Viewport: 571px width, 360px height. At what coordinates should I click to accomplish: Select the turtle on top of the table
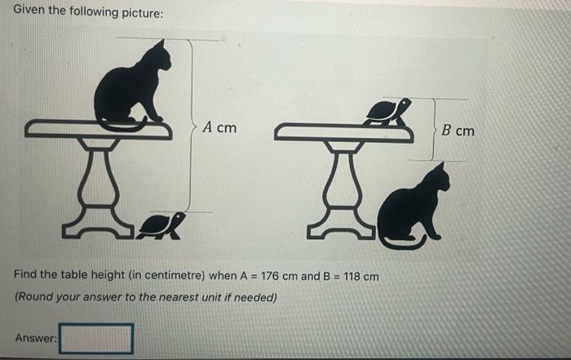(x=387, y=112)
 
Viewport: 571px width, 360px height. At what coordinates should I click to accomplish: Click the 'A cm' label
(x=219, y=127)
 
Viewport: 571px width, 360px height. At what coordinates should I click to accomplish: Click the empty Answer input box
(x=95, y=338)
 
